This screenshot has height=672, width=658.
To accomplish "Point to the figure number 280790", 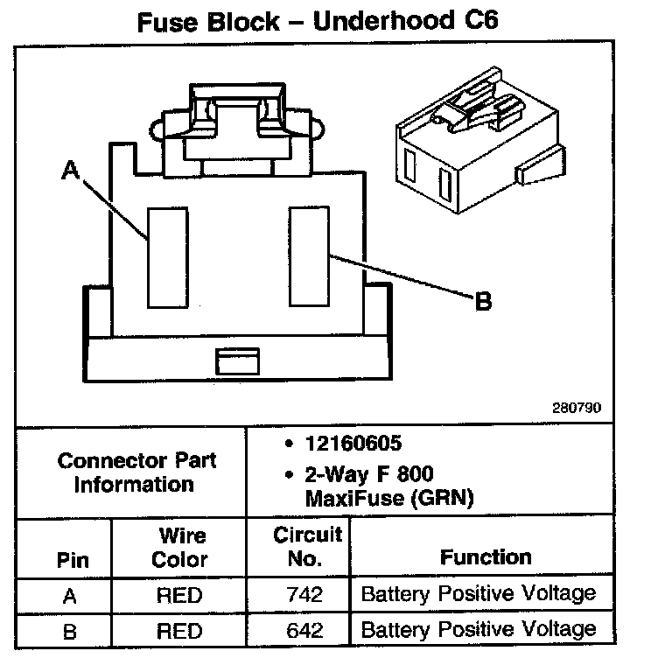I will [576, 408].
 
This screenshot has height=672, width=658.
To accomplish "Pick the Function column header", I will [486, 557].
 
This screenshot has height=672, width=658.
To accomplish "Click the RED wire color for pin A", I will [179, 596].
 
